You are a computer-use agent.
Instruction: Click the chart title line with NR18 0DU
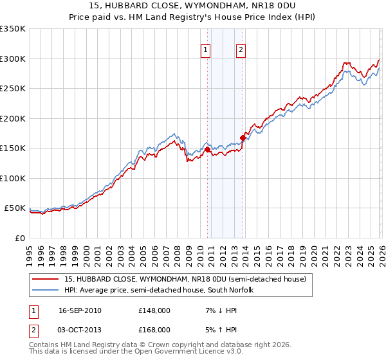tap(193, 6)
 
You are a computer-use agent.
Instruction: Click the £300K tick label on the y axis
tap(13, 59)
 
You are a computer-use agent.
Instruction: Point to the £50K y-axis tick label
tap(15, 208)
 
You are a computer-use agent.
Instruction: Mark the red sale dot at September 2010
tap(207, 149)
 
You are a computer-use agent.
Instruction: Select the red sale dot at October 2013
tap(243, 137)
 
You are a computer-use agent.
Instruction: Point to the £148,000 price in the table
tap(154, 310)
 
